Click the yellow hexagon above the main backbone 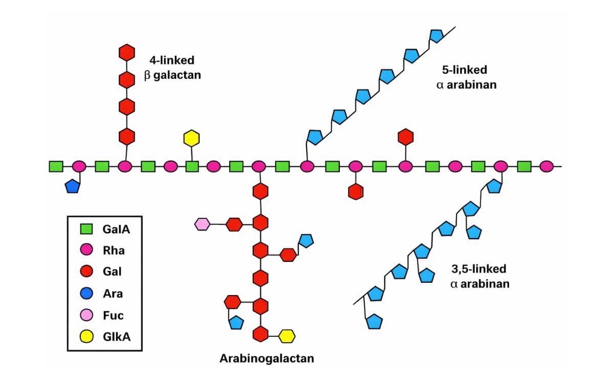point(191,138)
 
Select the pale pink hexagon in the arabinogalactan point(202,224)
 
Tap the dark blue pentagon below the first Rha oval point(73,186)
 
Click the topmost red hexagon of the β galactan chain point(126,52)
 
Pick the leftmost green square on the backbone point(56,166)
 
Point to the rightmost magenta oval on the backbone point(546,166)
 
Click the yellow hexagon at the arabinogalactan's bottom point(287,336)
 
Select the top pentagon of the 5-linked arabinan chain point(436,35)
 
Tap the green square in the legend point(87,229)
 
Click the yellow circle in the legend point(87,336)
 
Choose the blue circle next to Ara point(87,294)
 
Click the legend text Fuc point(113,315)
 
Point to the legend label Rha point(114,251)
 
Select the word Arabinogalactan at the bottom point(267,358)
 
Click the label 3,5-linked point(479,269)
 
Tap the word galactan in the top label point(177,75)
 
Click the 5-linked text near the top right point(465,70)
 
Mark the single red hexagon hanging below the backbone point(356,191)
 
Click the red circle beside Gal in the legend point(87,272)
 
